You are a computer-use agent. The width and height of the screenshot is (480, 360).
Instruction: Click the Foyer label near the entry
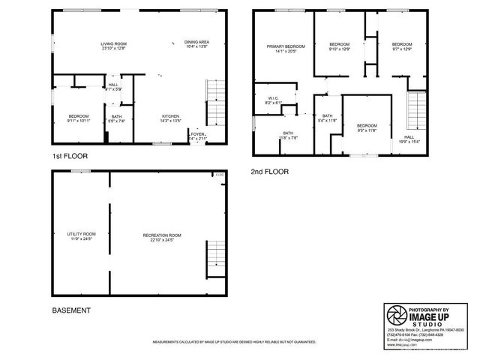point(197,136)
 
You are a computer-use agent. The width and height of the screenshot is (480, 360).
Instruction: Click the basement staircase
point(214,256)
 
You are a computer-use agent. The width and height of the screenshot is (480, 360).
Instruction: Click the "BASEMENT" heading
point(71,310)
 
